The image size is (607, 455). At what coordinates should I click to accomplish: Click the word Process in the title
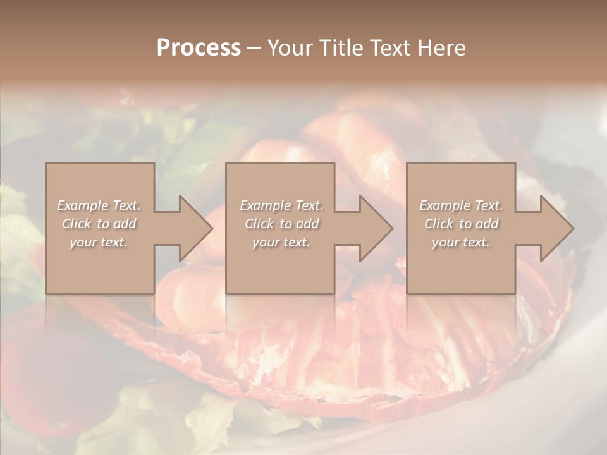pyautogui.click(x=199, y=48)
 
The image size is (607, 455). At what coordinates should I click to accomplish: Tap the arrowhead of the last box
pyautogui.click(x=556, y=228)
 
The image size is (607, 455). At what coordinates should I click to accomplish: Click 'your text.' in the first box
pyautogui.click(x=99, y=242)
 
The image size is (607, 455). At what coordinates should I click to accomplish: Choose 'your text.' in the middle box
pyautogui.click(x=281, y=242)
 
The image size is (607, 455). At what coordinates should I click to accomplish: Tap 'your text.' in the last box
pyautogui.click(x=461, y=242)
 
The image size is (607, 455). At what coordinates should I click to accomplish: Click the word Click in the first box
pyautogui.click(x=77, y=224)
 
